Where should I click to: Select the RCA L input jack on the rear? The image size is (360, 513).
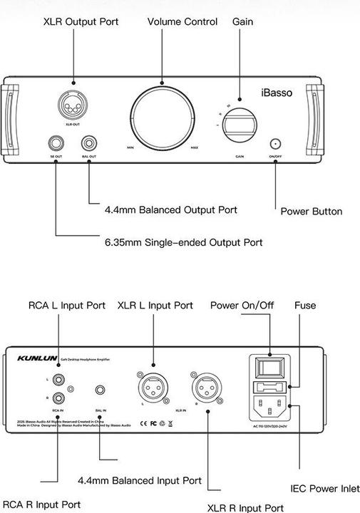(56, 380)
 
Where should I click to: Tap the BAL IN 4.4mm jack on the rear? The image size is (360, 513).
(100, 390)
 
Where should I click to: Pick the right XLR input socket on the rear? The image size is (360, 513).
(207, 389)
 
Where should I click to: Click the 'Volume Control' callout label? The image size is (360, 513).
(182, 22)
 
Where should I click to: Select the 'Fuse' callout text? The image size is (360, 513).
(305, 305)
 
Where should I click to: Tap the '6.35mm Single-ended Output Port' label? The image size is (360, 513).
(183, 242)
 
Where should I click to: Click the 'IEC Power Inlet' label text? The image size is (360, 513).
(325, 489)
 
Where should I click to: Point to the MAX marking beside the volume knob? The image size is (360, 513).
(195, 147)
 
